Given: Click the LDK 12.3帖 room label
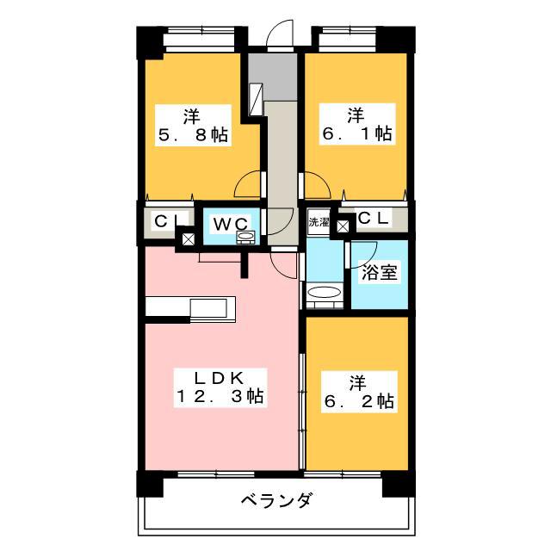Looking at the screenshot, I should [220, 387].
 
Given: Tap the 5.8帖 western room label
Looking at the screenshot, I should [192, 125].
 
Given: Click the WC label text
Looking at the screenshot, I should [230, 223].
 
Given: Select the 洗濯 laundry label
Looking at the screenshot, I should [319, 221].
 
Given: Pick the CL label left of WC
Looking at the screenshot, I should [164, 220].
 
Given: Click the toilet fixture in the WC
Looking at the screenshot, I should [246, 237].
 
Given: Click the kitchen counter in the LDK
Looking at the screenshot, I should [190, 308].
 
